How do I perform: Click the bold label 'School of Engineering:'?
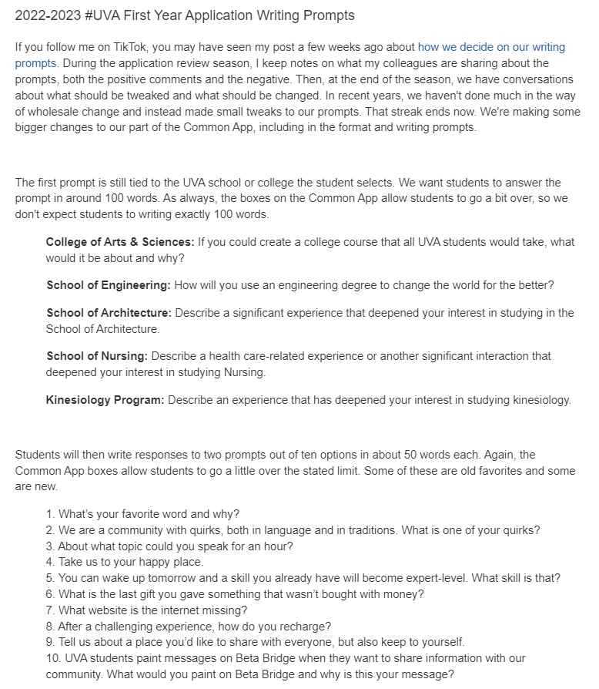[109, 285]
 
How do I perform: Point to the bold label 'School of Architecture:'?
[109, 313]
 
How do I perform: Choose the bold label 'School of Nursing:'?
[97, 356]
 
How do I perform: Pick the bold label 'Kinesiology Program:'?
[105, 400]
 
